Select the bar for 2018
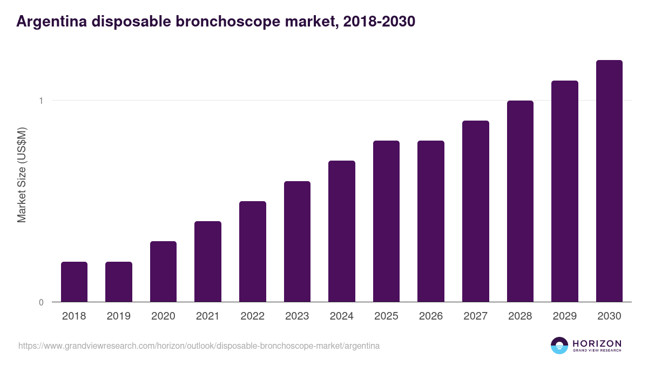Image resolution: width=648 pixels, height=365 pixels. click(x=74, y=282)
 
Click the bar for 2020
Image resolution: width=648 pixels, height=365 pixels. click(x=163, y=271)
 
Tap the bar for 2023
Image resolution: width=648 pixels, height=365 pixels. click(x=297, y=241)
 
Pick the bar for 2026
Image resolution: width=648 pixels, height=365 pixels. click(x=431, y=221)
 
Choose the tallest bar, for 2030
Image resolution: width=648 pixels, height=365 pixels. click(x=609, y=181)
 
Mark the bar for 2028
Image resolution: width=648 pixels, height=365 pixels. click(x=520, y=201)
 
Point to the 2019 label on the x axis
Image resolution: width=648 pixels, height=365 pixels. click(x=119, y=316)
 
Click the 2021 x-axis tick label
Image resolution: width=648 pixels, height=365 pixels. click(x=208, y=316)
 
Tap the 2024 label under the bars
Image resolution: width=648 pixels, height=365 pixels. click(x=342, y=316)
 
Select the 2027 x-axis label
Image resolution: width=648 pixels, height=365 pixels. click(x=476, y=316)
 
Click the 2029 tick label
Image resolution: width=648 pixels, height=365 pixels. click(x=565, y=316)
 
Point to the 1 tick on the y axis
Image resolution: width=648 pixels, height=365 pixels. click(x=41, y=101)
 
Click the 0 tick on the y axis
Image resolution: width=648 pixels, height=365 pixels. click(x=41, y=302)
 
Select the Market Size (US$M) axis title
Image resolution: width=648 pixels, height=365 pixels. click(x=22, y=175)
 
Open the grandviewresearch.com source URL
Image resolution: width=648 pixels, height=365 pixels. click(x=199, y=346)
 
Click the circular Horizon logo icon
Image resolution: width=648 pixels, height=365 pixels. click(x=559, y=346)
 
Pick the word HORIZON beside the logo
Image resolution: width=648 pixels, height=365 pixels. click(x=597, y=343)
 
